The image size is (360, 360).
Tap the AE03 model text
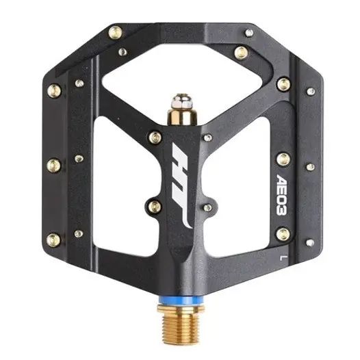pyautogui.click(x=282, y=194)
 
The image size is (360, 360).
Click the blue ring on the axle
pyautogui.click(x=181, y=300)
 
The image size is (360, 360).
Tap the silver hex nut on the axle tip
pyautogui.click(x=183, y=101)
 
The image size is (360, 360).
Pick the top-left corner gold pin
pyautogui.click(x=115, y=32)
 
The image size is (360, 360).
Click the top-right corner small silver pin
pyautogui.click(x=249, y=33)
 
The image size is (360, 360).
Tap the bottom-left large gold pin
pyautogui.click(x=53, y=240)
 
